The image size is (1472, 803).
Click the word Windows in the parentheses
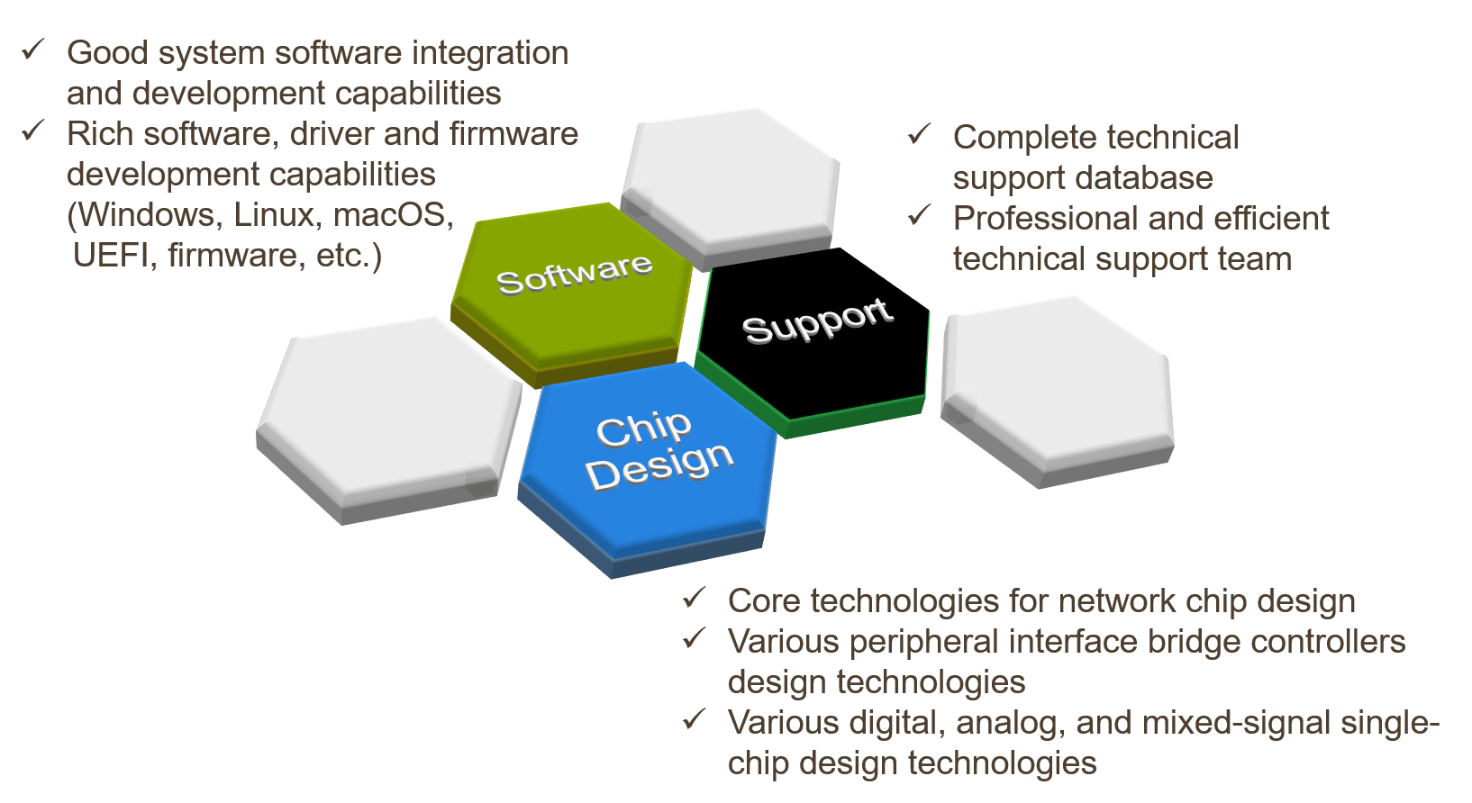coord(150,215)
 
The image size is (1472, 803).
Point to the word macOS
coord(393,215)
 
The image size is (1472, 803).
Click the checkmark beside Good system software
coord(33,50)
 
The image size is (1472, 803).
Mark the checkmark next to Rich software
coord(33,131)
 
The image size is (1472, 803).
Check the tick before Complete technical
coord(919,135)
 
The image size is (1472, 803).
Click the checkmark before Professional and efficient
coord(919,216)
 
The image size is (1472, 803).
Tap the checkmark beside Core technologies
coord(694,598)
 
